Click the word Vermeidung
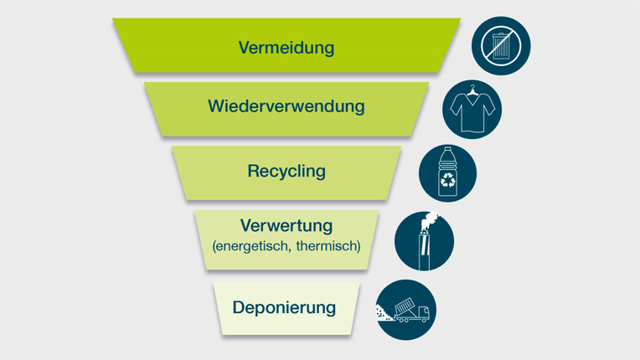[286, 48]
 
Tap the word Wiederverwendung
[286, 107]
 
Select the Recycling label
[286, 172]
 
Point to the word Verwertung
[286, 226]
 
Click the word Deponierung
[285, 307]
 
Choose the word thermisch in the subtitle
[328, 246]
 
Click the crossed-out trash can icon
[501, 45]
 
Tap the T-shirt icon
[471, 110]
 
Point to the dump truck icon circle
[406, 309]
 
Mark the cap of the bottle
[447, 152]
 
